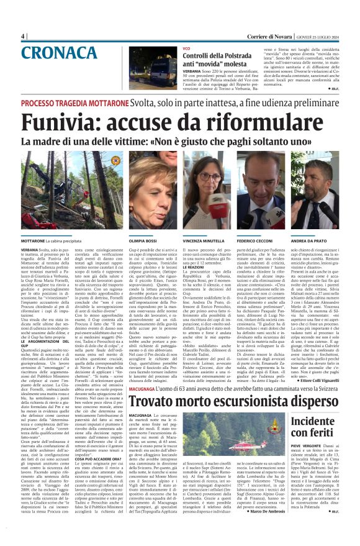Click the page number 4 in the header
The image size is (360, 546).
pos(23,36)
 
